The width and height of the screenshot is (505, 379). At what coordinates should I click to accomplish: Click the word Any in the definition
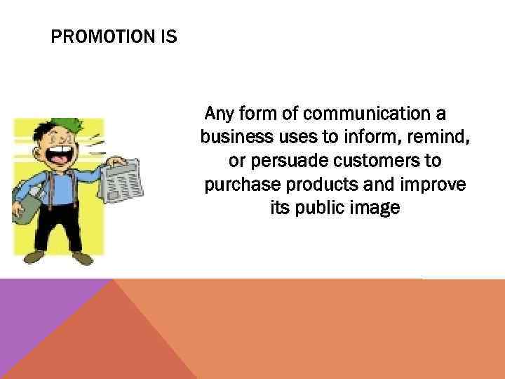[x=217, y=113]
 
